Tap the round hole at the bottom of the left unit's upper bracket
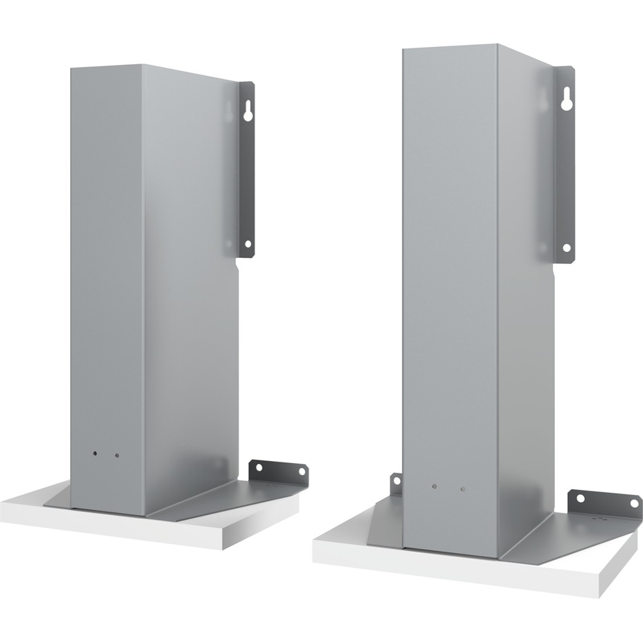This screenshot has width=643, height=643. (x=248, y=244)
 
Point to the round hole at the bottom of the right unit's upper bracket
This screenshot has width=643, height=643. (x=566, y=248)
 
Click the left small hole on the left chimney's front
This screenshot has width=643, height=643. (x=95, y=453)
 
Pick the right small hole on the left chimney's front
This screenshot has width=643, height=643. (x=116, y=455)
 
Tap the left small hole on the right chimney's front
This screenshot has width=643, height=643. (x=434, y=487)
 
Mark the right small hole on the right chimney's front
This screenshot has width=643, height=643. (x=462, y=489)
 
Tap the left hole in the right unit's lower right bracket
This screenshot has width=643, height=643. (x=581, y=498)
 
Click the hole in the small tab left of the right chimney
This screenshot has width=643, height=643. (x=397, y=480)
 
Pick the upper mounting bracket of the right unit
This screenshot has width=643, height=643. (x=565, y=167)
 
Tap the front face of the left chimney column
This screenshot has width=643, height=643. (x=106, y=289)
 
